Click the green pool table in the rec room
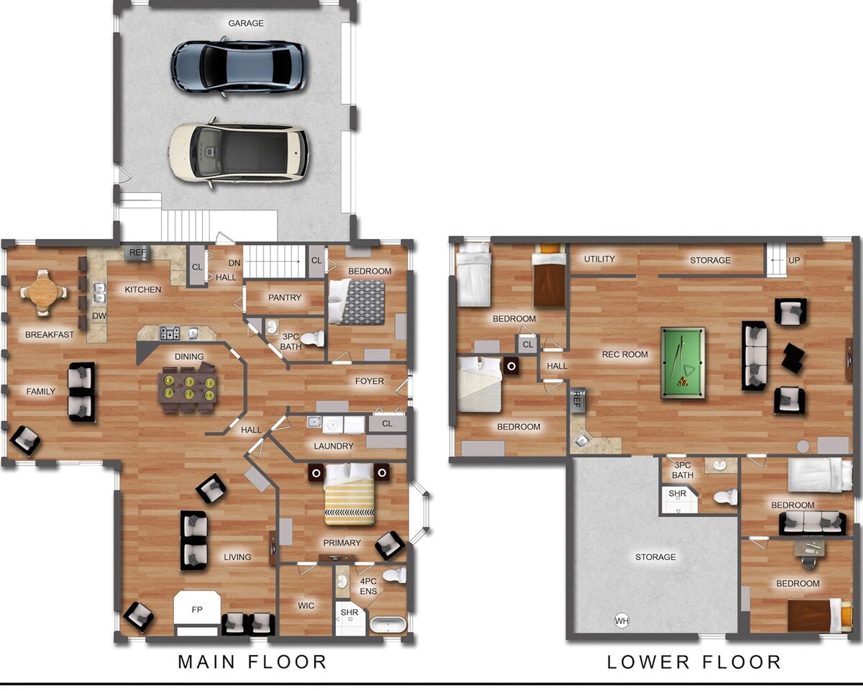tap(682, 363)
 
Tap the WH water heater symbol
tap(621, 620)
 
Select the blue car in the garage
tap(239, 66)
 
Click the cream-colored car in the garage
tap(239, 153)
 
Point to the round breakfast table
tap(44, 292)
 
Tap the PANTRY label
tap(284, 297)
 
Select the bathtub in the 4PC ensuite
tap(388, 625)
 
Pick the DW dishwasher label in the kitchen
tap(99, 316)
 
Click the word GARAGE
tap(246, 23)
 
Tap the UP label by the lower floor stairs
tap(794, 260)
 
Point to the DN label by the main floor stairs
tap(234, 263)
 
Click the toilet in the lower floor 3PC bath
tap(726, 497)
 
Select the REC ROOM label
tap(625, 355)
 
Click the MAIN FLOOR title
tap(252, 662)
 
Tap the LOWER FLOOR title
tap(694, 662)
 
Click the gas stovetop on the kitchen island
tap(170, 333)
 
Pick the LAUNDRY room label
tap(333, 446)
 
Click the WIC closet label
tap(306, 605)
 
